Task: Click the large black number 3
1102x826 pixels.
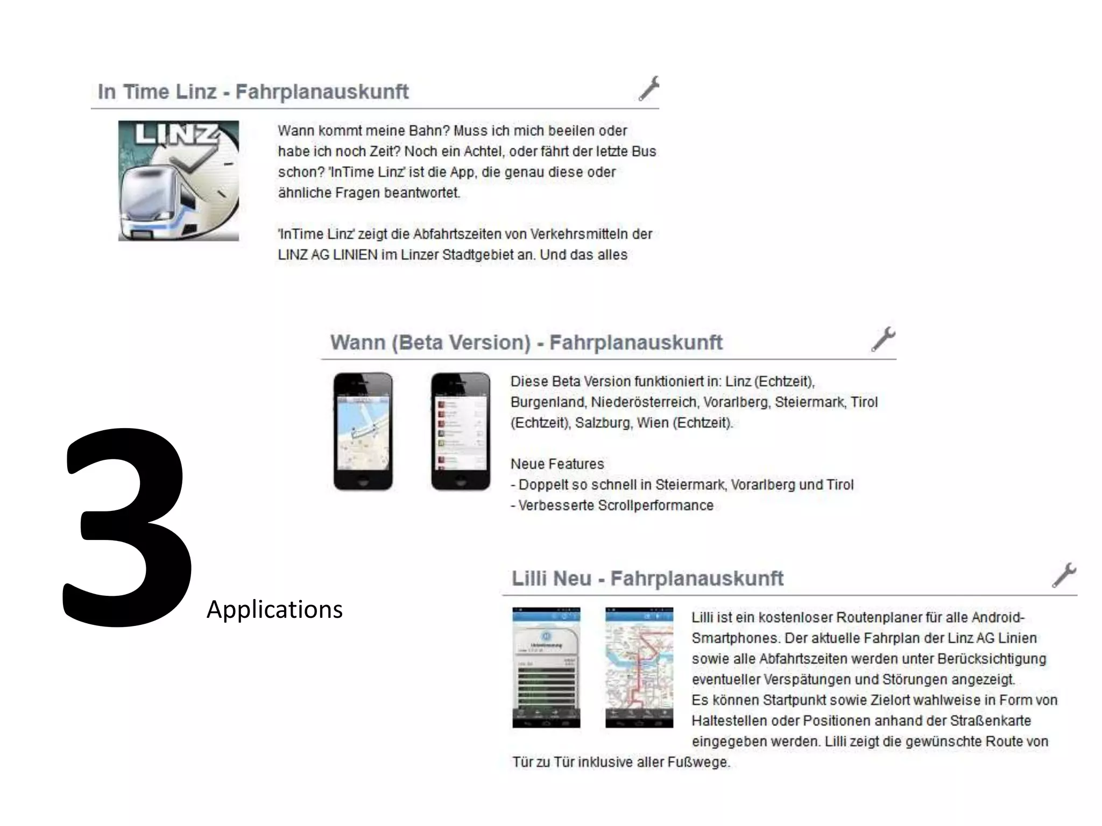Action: (127, 527)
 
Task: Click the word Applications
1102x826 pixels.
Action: (274, 610)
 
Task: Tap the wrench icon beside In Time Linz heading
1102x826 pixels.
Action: (648, 88)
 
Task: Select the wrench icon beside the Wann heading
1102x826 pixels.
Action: (883, 339)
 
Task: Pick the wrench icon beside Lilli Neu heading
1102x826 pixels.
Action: (1064, 575)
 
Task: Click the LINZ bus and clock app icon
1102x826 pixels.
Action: (178, 181)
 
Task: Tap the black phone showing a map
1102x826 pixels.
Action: (363, 431)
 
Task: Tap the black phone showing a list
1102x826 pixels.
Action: (461, 431)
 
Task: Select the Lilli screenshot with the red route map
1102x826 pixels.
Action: (639, 667)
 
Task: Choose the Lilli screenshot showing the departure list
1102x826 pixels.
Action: (546, 667)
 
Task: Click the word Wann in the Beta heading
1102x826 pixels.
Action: (358, 343)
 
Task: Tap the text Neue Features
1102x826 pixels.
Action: (557, 464)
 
